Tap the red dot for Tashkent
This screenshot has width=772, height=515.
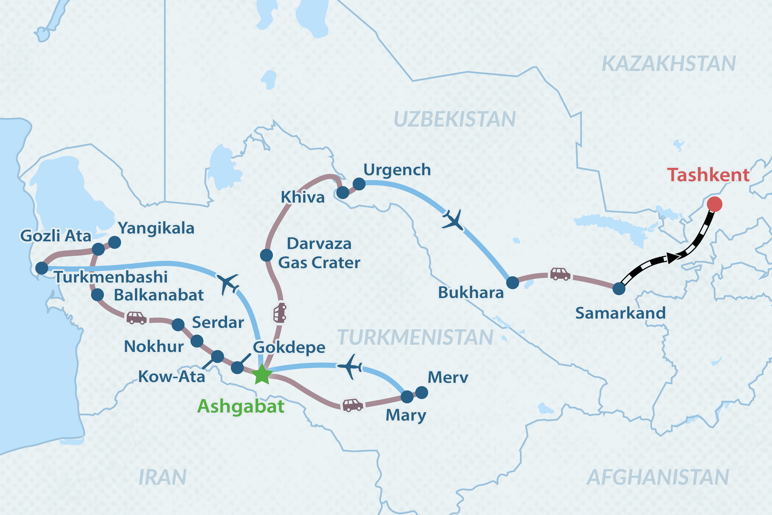click(715, 204)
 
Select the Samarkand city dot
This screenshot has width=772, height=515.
click(619, 288)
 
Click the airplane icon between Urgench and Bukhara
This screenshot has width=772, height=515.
click(453, 220)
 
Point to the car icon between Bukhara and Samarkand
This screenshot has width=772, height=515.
click(560, 274)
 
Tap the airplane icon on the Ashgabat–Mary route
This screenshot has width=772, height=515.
click(350, 366)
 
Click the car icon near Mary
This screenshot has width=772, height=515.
click(352, 405)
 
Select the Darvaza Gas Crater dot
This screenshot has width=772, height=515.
click(266, 255)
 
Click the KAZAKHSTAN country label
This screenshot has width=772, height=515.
click(669, 64)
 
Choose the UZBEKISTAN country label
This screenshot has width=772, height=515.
click(454, 119)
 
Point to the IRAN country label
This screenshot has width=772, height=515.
click(162, 477)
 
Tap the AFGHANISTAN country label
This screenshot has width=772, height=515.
click(657, 477)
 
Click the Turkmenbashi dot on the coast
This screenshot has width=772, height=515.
click(41, 268)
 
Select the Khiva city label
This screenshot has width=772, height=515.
click(302, 197)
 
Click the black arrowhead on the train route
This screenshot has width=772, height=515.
click(672, 257)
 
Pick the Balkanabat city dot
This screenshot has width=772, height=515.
click(97, 295)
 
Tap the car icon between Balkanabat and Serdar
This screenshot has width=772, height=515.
click(136, 318)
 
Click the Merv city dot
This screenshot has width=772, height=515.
click(422, 392)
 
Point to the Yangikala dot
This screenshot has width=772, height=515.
click(115, 242)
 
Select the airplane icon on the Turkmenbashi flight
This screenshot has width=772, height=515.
click(228, 283)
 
